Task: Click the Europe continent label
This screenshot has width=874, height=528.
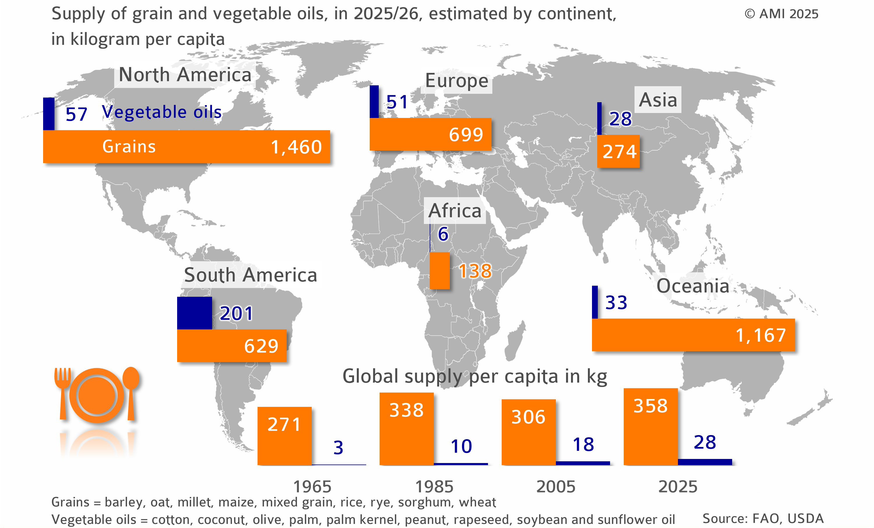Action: [x=457, y=81]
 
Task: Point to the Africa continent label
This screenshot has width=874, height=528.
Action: [x=455, y=211]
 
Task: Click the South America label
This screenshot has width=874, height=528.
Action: [x=251, y=275]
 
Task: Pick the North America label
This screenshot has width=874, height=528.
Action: [x=185, y=75]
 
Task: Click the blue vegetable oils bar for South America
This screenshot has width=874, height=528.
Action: [x=194, y=313]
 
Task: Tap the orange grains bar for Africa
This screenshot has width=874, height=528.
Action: [x=440, y=271]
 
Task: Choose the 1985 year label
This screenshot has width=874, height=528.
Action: [x=434, y=487]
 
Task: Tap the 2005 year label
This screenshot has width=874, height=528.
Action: [x=556, y=487]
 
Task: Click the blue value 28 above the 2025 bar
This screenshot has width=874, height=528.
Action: [x=705, y=442]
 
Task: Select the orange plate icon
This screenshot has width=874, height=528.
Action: [x=97, y=395]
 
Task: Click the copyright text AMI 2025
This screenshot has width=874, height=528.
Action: [x=781, y=14]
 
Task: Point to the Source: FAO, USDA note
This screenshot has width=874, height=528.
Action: [x=763, y=518]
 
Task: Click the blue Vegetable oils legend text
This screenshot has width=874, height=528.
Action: [x=162, y=112]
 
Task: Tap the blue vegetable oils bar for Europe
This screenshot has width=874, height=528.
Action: [x=374, y=102]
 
